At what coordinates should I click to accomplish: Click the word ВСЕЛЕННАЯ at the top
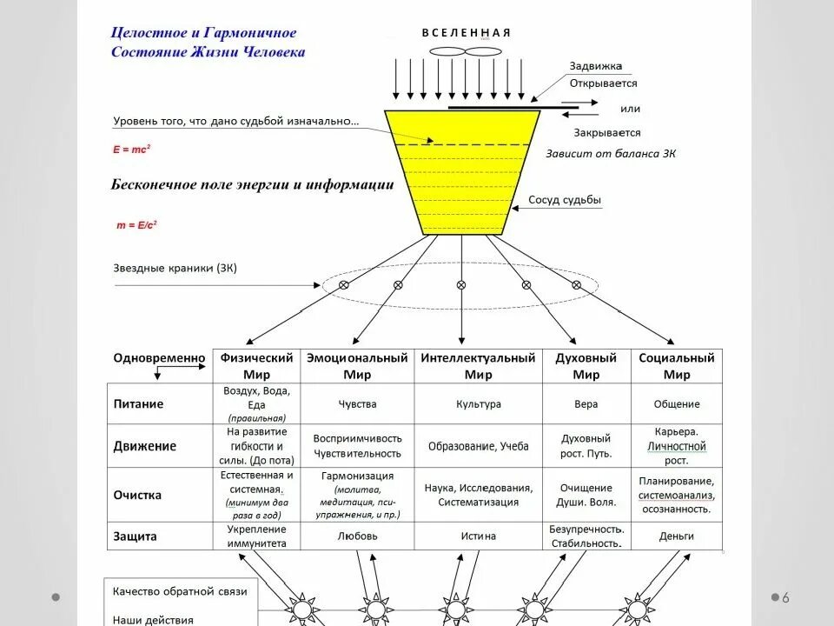(467, 33)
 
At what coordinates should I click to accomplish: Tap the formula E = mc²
(132, 150)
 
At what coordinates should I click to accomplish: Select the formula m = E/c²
(136, 224)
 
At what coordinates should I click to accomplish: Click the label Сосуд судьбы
(565, 201)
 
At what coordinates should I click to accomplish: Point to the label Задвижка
(595, 66)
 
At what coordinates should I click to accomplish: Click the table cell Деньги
(676, 536)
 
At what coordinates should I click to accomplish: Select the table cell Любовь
(357, 536)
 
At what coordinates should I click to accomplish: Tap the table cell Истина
(478, 536)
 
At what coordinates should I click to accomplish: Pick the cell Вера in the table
(586, 404)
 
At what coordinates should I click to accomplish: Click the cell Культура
(478, 404)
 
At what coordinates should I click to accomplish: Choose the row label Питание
(138, 404)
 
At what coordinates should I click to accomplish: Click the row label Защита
(136, 536)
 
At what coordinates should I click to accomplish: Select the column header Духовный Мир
(586, 366)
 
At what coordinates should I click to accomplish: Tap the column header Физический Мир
(256, 366)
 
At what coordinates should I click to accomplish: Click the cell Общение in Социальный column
(676, 404)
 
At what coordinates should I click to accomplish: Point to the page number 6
(785, 597)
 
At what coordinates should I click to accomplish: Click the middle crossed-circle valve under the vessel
(460, 284)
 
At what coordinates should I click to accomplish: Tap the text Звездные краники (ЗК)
(175, 269)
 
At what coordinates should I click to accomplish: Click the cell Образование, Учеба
(478, 446)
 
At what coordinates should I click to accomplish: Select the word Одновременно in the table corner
(159, 358)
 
